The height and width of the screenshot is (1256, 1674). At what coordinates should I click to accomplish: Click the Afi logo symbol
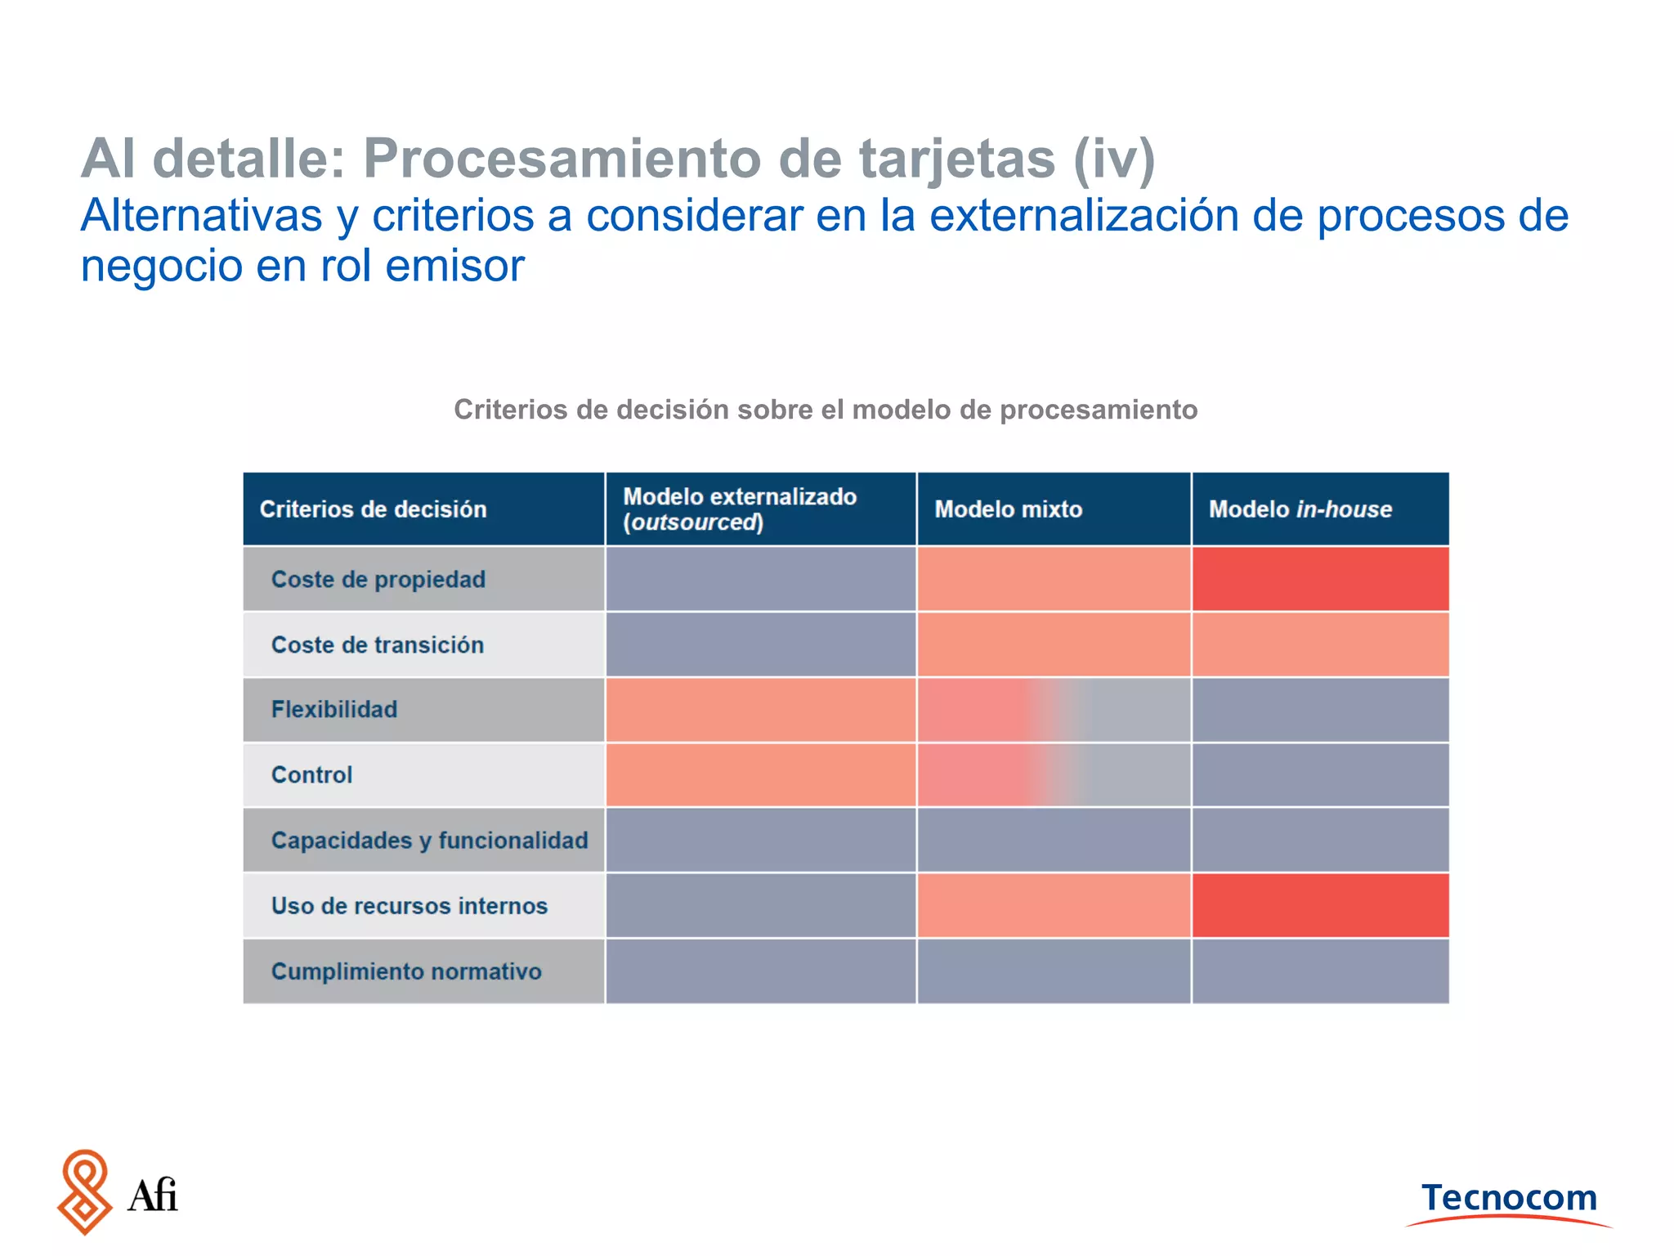tap(84, 1192)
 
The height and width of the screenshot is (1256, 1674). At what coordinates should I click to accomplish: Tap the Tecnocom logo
tap(1509, 1200)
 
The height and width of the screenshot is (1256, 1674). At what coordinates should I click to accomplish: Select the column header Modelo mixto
tap(1008, 509)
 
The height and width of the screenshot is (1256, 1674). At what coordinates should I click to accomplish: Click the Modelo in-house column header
tap(1300, 509)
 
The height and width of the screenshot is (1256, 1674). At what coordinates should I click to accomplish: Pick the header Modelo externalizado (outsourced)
tap(740, 509)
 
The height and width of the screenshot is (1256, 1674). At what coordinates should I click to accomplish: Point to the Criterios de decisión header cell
tap(373, 509)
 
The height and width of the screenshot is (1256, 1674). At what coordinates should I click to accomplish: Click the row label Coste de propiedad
tap(378, 579)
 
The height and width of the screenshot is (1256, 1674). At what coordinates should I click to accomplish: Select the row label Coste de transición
tap(378, 644)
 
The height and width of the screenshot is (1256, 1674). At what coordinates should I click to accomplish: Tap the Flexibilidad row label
tap(334, 709)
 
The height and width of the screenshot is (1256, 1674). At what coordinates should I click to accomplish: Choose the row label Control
tap(311, 774)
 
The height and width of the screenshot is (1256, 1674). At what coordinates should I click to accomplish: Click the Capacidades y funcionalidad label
tap(429, 840)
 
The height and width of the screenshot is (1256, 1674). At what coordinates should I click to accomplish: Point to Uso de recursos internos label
tap(409, 905)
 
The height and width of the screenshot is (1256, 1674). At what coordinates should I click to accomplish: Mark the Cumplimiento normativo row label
tap(406, 971)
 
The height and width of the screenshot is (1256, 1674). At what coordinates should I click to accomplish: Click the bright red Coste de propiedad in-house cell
tap(1320, 579)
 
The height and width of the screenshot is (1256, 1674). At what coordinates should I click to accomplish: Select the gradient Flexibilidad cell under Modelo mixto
tap(1054, 710)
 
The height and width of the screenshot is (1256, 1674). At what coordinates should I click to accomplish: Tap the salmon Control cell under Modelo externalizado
tap(760, 774)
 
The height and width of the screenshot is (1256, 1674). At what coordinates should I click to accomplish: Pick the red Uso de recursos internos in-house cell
tap(1320, 905)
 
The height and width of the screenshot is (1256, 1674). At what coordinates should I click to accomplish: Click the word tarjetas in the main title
tap(956, 159)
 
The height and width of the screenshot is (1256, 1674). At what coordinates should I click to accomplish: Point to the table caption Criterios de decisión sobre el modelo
tap(826, 409)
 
